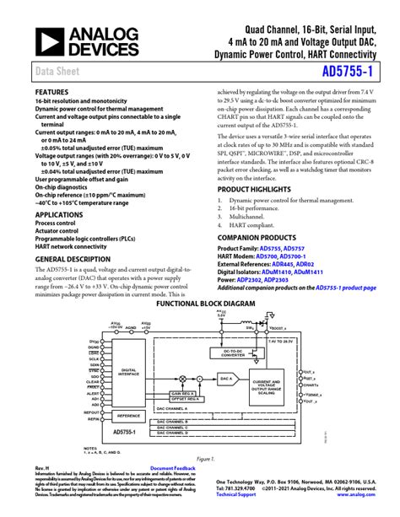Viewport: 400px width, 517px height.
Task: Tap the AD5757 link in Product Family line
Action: (x=295, y=250)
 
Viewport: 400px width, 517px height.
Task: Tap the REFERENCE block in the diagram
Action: (x=128, y=416)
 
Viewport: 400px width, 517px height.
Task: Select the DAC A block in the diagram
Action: (x=225, y=380)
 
